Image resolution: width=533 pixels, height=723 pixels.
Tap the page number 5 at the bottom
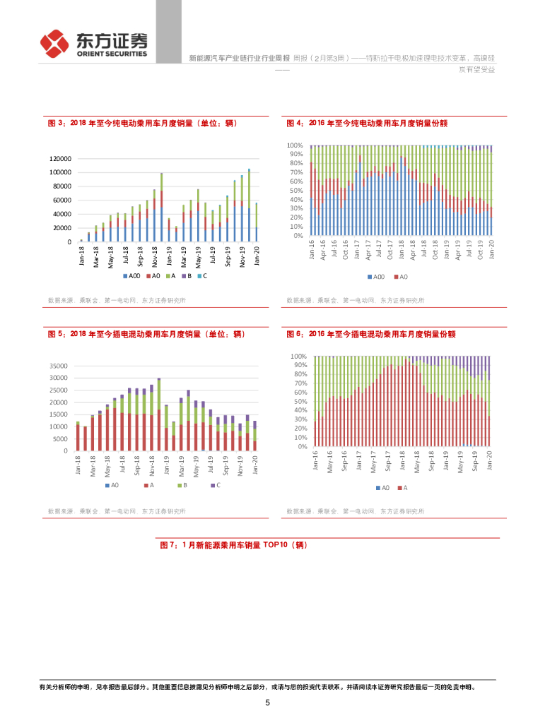pyautogui.click(x=267, y=703)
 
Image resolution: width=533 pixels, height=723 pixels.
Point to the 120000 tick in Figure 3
pyautogui.click(x=60, y=158)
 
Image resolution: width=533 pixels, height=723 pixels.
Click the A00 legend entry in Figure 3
pyautogui.click(x=131, y=276)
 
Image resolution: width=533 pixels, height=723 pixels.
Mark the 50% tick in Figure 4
pyautogui.click(x=295, y=191)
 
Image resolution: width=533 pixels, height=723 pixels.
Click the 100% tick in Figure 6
pyautogui.click(x=298, y=357)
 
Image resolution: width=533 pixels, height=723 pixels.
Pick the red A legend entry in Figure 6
pyautogui.click(x=403, y=488)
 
